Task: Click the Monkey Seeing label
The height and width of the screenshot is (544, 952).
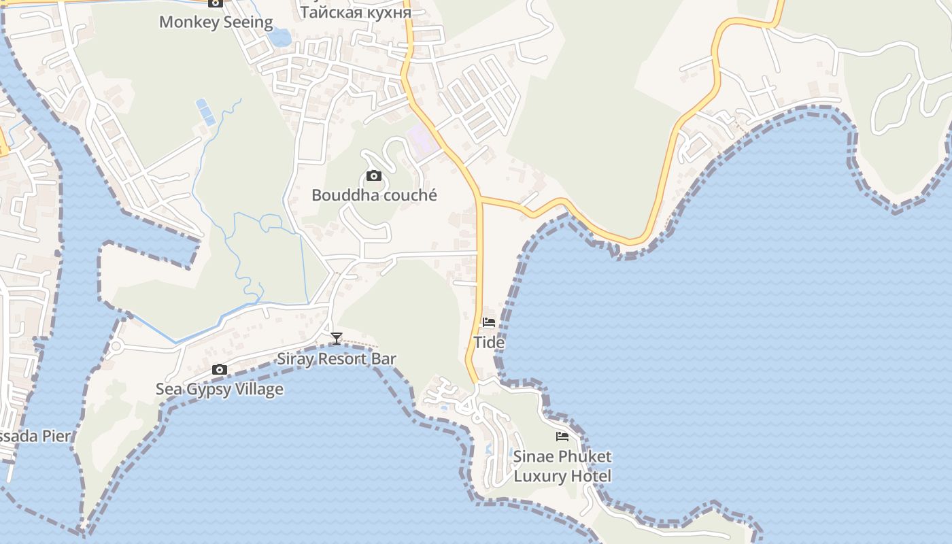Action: point(216,22)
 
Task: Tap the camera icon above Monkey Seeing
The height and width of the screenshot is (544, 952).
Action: point(216,3)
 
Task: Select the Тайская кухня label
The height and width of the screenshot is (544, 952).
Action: point(356,12)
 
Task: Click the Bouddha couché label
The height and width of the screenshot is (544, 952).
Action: point(374,195)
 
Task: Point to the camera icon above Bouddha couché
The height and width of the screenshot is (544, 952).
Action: point(373,176)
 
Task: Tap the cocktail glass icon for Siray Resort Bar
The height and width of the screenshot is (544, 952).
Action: point(336,338)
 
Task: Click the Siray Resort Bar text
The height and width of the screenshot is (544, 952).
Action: point(336,358)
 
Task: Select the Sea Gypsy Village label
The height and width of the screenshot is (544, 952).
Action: point(220,389)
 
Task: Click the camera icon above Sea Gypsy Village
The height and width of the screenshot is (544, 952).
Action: point(219,370)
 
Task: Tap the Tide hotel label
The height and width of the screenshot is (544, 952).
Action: point(489,342)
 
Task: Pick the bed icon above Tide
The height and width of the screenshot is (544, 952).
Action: point(489,322)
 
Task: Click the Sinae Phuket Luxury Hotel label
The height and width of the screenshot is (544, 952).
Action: point(562,466)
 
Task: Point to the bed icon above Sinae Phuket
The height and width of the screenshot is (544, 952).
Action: point(562,437)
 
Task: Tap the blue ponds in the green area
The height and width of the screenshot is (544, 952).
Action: point(205,112)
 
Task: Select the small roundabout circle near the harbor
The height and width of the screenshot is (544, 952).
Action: point(116,346)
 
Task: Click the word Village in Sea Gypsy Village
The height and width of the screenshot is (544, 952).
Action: point(255,389)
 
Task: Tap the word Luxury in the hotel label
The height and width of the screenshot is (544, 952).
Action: point(541,476)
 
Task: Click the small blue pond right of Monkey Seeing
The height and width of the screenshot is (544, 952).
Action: point(279,37)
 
